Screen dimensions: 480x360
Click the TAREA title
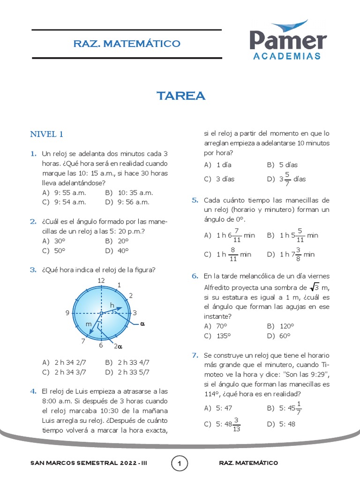click(181, 96)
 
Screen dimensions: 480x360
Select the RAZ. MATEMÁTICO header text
click(127, 44)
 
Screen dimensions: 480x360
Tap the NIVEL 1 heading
click(47, 135)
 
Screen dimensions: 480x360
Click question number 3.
click(33, 270)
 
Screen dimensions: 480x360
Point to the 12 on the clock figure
click(101, 280)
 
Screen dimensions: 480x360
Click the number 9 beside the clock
click(67, 313)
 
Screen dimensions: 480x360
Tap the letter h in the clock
click(112, 306)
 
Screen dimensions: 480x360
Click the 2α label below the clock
click(118, 347)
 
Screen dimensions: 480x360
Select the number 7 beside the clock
click(83, 341)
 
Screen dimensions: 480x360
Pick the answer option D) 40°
click(117, 251)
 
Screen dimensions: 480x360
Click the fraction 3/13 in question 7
click(236, 425)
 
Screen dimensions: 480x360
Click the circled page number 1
click(180, 464)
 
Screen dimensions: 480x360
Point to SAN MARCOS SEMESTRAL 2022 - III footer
click(89, 463)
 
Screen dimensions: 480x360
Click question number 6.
click(195, 276)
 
